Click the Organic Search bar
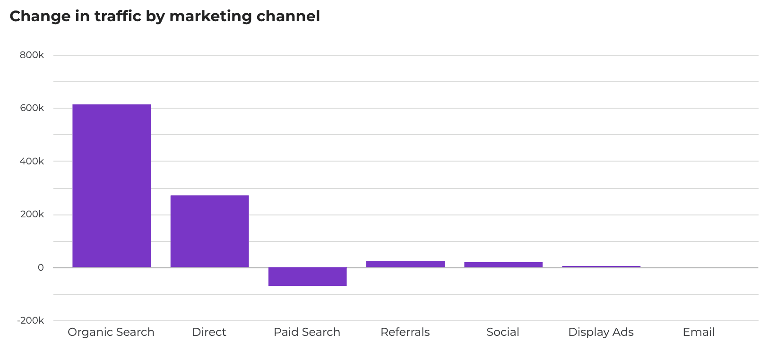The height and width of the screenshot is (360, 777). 112,186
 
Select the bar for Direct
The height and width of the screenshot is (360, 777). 209,231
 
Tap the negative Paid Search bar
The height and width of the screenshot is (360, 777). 307,276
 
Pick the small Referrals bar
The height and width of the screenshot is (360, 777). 405,264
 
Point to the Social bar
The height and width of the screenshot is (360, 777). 503,265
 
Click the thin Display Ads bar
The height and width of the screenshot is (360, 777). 601,266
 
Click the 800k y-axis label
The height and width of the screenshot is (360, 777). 32,55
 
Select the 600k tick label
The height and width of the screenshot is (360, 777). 32,108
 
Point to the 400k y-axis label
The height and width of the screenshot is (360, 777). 32,161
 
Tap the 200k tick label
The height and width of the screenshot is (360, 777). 32,214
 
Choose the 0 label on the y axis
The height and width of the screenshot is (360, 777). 41,267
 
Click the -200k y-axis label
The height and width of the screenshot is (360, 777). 30,320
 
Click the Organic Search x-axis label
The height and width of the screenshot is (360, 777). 111,332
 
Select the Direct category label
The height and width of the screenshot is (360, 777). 209,332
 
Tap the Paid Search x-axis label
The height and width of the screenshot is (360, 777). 307,332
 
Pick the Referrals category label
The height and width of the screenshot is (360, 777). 405,332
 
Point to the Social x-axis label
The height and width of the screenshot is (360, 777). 503,332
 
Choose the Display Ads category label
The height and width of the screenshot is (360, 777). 601,332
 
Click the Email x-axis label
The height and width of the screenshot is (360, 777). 699,332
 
